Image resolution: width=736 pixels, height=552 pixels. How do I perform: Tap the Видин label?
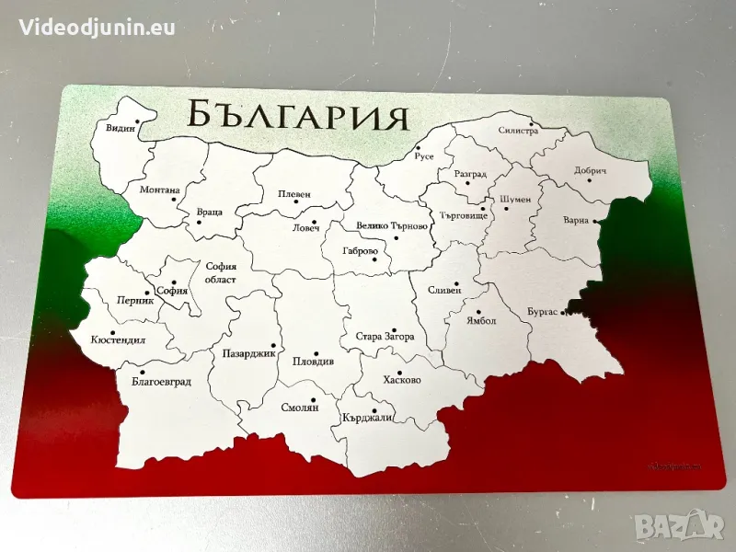tap(121, 129)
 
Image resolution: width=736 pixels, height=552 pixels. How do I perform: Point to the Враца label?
tap(209, 213)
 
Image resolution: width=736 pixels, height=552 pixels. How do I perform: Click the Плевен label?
tap(294, 194)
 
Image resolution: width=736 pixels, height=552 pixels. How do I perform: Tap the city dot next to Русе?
tap(417, 147)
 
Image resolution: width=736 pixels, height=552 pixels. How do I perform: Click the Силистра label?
tap(518, 132)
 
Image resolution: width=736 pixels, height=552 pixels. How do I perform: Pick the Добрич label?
tap(591, 171)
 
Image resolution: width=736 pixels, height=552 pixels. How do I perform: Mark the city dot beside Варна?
tap(596, 221)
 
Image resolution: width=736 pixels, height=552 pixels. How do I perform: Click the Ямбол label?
tap(480, 321)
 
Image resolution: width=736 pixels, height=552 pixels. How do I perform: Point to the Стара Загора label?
tap(385, 338)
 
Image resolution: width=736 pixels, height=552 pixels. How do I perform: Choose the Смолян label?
tap(301, 408)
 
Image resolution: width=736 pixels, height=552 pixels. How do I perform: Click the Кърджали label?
tap(367, 419)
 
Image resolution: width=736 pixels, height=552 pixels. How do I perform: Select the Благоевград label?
tap(161, 381)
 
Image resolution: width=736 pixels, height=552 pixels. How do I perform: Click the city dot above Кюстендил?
tap(112, 333)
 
